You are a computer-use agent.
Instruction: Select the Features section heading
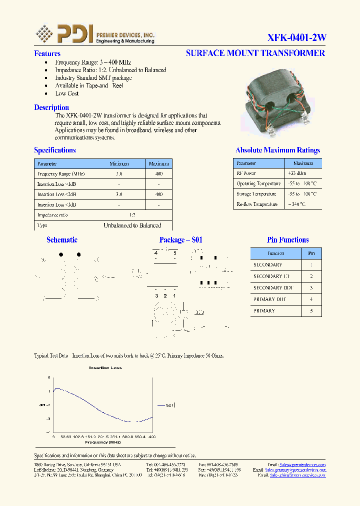[x=47, y=53]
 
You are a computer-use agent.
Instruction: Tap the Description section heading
[x=51, y=107]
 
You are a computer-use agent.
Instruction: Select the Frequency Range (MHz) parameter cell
[x=61, y=173]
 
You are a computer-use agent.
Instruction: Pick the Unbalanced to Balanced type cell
[x=132, y=225]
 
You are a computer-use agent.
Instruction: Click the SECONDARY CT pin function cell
[x=271, y=276]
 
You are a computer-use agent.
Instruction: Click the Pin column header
[x=311, y=253]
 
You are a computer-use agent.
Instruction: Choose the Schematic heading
[x=62, y=240]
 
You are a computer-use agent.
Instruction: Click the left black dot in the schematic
[x=61, y=254]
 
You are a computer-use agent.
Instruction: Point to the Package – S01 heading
[x=180, y=240]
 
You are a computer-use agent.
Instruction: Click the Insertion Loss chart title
[x=105, y=368]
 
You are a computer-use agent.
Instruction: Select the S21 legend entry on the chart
[x=169, y=405]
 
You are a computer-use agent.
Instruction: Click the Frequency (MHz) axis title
[x=103, y=442]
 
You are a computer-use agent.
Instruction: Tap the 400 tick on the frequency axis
[x=152, y=437]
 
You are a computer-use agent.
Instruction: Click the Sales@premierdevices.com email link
[x=302, y=464]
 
